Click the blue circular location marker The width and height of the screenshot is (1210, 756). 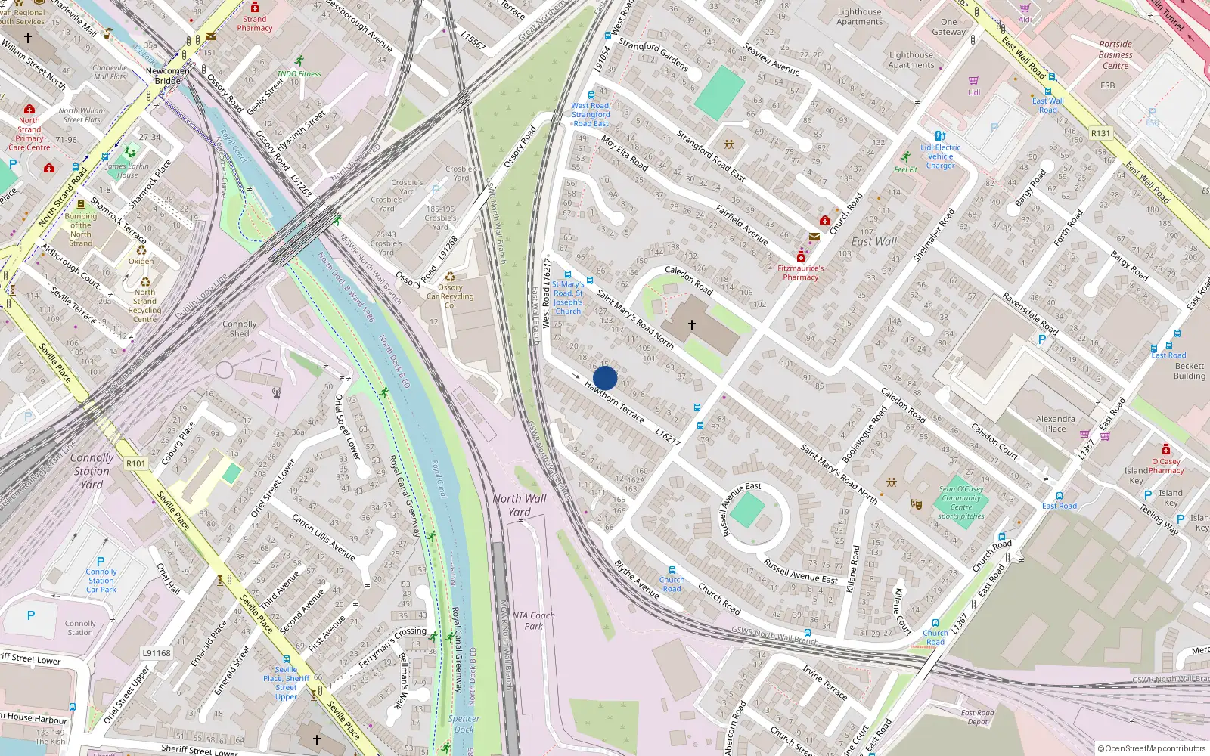(x=605, y=378)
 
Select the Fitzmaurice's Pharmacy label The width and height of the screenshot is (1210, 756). (x=801, y=272)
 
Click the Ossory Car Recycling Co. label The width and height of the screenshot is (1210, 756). (x=450, y=296)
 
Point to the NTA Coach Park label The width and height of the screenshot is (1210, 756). (x=533, y=621)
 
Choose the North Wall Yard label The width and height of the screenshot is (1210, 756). (x=520, y=505)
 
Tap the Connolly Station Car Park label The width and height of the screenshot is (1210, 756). (x=101, y=581)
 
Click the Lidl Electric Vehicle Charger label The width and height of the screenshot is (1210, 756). (x=941, y=156)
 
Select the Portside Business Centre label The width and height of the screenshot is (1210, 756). (x=1115, y=54)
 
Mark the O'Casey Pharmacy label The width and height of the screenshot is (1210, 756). (x=1166, y=466)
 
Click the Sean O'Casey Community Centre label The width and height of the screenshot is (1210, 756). (x=961, y=502)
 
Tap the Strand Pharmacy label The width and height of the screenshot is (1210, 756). (x=255, y=23)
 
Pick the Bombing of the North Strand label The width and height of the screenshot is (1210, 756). (x=81, y=230)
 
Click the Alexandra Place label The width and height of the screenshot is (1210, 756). (x=1055, y=423)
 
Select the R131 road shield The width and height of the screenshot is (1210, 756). (x=1100, y=133)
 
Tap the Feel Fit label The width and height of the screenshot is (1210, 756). (x=905, y=169)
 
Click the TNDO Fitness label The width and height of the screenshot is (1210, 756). (x=299, y=73)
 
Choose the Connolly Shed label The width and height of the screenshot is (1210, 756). (x=240, y=329)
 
